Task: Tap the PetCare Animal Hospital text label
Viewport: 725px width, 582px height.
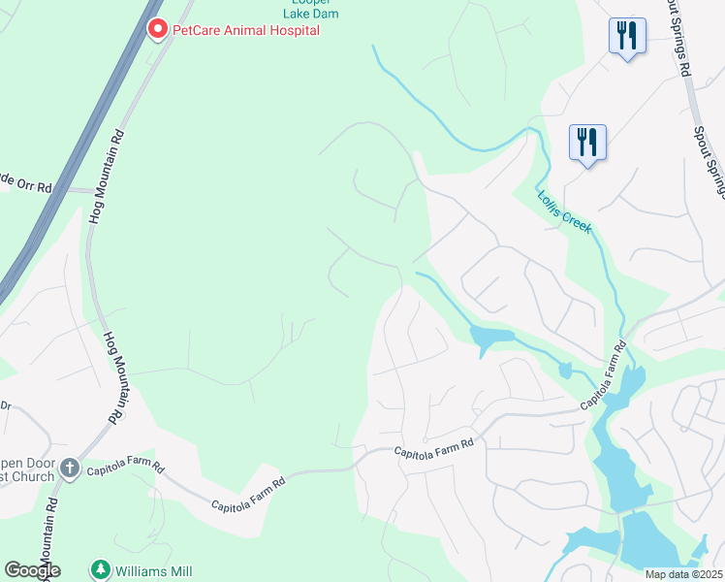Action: click(x=245, y=30)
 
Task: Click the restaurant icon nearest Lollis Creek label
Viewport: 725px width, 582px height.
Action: click(x=587, y=143)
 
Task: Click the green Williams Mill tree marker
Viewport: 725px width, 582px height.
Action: click(x=99, y=568)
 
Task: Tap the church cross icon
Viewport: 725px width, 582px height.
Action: click(x=69, y=469)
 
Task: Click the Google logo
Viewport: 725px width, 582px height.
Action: click(x=32, y=569)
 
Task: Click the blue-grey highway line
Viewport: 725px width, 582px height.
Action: click(x=78, y=155)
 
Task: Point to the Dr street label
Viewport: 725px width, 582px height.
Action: click(x=5, y=404)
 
